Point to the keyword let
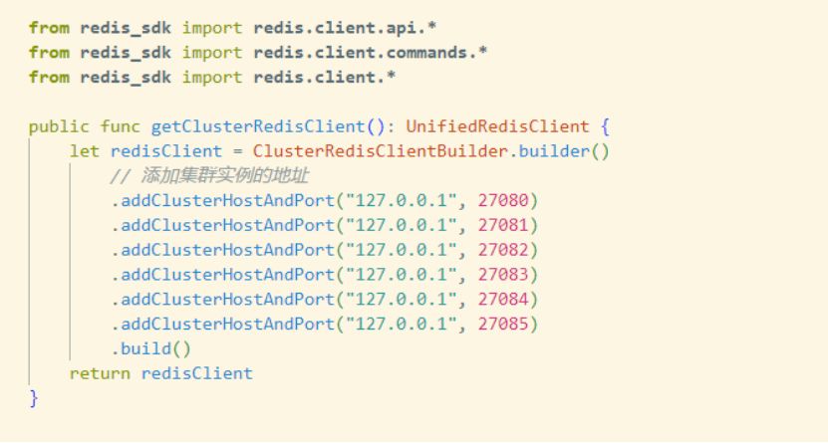pyautogui.click(x=84, y=151)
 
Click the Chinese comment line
pyautogui.click(x=209, y=176)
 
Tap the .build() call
pyautogui.click(x=150, y=349)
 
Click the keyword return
pyautogui.click(x=100, y=374)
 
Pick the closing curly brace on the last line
pyautogui.click(x=33, y=398)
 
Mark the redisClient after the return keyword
pyautogui.click(x=196, y=374)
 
